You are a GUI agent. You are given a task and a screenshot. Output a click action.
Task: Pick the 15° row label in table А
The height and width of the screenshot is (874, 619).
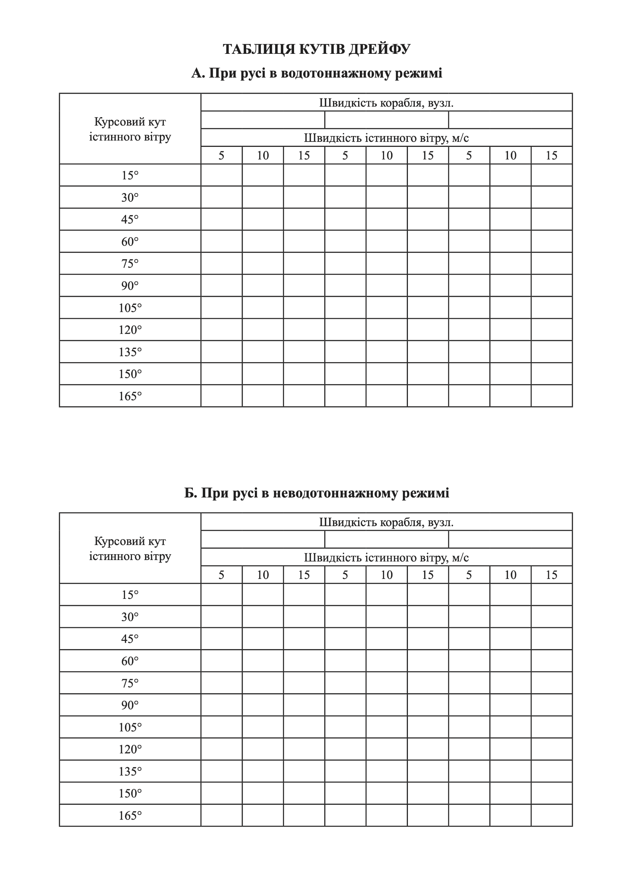pyautogui.click(x=130, y=175)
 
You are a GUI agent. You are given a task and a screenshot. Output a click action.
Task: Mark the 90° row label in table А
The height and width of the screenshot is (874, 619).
pyautogui.click(x=130, y=286)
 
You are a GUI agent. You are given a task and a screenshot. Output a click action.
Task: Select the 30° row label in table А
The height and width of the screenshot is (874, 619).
pyautogui.click(x=130, y=197)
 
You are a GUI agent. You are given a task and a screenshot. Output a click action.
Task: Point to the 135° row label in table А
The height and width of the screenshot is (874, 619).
pyautogui.click(x=130, y=352)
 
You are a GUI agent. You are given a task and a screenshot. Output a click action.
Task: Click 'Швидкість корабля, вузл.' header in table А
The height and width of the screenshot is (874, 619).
pyautogui.click(x=386, y=103)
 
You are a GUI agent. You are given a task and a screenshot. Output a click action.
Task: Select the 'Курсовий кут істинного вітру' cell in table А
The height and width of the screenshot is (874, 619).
pyautogui.click(x=130, y=129)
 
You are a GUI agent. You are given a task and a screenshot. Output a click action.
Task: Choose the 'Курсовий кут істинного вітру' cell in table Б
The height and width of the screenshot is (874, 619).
pyautogui.click(x=130, y=549)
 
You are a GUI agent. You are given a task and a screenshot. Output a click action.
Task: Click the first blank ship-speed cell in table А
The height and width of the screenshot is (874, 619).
pyautogui.click(x=263, y=120)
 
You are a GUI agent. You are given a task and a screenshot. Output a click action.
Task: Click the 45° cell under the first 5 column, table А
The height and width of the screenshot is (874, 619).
pyautogui.click(x=222, y=219)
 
